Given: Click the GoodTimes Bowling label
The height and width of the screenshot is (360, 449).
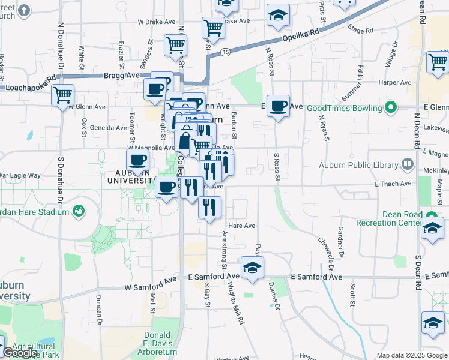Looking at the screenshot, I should point(344,108).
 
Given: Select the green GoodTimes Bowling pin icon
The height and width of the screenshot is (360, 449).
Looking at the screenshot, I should point(391,108).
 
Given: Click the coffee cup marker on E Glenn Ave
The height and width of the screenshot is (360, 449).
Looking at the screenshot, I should point(278,106).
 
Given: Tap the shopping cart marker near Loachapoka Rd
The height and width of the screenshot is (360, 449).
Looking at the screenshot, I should point(62,95).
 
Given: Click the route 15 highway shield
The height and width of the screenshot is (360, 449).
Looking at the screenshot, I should point(224,53).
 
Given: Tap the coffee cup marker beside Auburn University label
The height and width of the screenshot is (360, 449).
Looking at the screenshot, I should point(137,160).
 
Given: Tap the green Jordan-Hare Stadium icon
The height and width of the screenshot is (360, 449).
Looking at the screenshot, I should point(77,211).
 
